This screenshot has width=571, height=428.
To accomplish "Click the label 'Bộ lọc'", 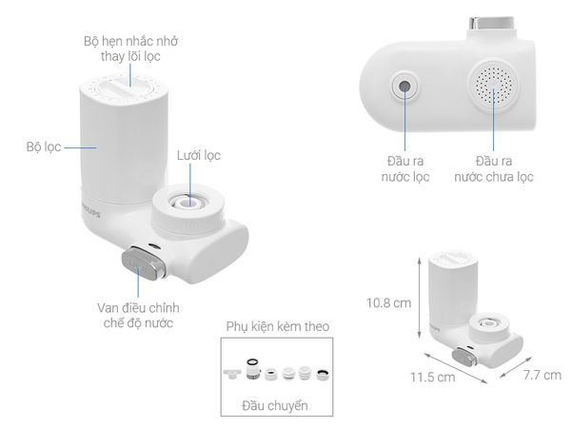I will pyautogui.click(x=45, y=147).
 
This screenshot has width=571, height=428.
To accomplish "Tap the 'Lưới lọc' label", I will pyautogui.click(x=199, y=155).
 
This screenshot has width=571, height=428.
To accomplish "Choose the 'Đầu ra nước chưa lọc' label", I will pyautogui.click(x=493, y=168).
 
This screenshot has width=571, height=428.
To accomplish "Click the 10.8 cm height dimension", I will pyautogui.click(x=390, y=303).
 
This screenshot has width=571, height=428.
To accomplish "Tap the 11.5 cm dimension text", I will pyautogui.click(x=428, y=377).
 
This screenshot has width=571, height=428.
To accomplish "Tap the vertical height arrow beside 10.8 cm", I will pyautogui.click(x=419, y=302).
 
